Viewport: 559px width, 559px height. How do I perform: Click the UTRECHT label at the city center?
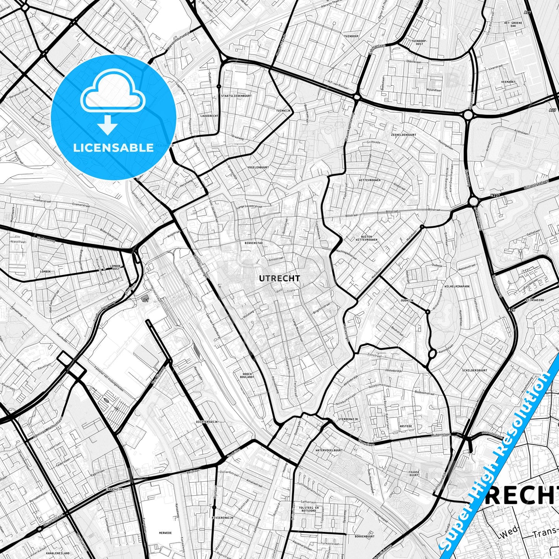(274, 278)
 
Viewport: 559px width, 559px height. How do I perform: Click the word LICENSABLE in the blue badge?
(113, 148)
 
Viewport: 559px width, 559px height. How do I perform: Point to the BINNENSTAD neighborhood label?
(254, 243)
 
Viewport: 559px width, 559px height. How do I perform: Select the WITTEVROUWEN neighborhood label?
(369, 180)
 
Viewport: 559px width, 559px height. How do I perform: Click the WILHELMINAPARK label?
(457, 287)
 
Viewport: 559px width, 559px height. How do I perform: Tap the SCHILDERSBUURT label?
(474, 370)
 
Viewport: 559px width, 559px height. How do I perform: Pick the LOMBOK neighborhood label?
(45, 272)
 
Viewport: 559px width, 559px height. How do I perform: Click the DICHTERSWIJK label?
(207, 422)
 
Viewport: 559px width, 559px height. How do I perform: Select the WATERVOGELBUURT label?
(329, 450)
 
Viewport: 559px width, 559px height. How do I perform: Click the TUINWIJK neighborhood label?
(283, 111)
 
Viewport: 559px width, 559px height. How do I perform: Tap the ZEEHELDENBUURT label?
(403, 135)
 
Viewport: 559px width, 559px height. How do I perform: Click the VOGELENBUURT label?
(258, 168)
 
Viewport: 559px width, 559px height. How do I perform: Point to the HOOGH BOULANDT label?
(248, 375)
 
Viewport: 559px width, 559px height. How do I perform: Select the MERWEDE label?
(165, 533)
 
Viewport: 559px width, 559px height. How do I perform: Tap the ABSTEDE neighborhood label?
(405, 426)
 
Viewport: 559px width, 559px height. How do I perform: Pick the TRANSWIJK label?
(114, 489)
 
